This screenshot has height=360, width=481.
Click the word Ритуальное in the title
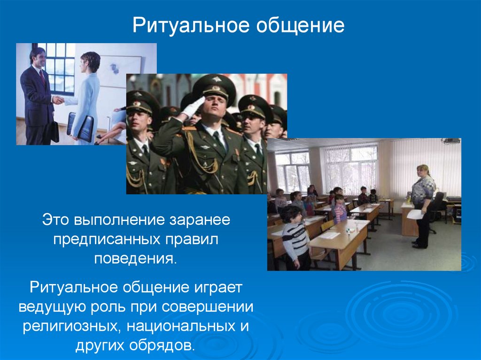point(191,25)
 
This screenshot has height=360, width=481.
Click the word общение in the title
point(300,25)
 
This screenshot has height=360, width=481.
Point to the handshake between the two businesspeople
point(58,100)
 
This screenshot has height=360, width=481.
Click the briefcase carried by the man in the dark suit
point(54,131)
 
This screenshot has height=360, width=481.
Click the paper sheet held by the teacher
point(415,214)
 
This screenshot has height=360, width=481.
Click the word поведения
point(136,259)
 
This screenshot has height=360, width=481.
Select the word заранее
point(200,220)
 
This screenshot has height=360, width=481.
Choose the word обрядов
point(162,345)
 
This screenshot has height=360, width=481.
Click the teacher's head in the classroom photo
point(422,171)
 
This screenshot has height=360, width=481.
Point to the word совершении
point(207,307)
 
